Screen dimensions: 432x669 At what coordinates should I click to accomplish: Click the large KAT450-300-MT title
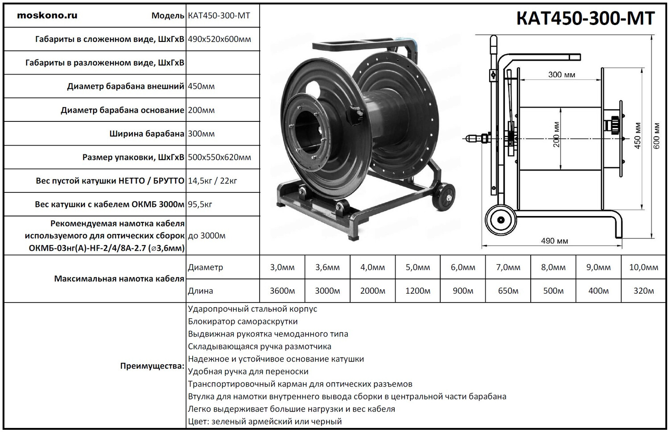pyautogui.click(x=585, y=18)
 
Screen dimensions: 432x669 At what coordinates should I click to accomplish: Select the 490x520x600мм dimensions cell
pyautogui.click(x=219, y=39)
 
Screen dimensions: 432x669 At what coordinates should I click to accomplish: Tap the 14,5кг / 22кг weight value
pyautogui.click(x=212, y=181)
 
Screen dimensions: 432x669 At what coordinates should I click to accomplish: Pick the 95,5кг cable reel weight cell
pyautogui.click(x=200, y=204)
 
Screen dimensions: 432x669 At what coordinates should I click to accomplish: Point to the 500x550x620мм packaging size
pyautogui.click(x=219, y=157)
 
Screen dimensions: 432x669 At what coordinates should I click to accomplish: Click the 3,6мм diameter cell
pyautogui.click(x=327, y=267)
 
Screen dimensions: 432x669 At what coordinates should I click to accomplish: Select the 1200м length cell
pyautogui.click(x=417, y=291)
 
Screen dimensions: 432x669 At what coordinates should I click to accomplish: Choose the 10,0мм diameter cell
pyautogui.click(x=644, y=267)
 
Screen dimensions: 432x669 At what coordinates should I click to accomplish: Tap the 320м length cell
pyautogui.click(x=644, y=291)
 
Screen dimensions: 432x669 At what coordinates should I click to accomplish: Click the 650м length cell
pyautogui.click(x=508, y=291)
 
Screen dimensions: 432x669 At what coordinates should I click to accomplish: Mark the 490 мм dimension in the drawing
pyautogui.click(x=554, y=241)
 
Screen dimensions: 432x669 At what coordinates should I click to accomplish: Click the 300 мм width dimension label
pyautogui.click(x=562, y=75)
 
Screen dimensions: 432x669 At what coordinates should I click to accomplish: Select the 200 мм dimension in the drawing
pyautogui.click(x=557, y=135)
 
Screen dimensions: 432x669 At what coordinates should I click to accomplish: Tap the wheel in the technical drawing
pyautogui.click(x=501, y=220)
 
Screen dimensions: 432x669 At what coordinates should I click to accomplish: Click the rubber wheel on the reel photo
pyautogui.click(x=446, y=196)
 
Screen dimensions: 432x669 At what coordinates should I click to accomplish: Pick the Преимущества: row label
pyautogui.click(x=152, y=366)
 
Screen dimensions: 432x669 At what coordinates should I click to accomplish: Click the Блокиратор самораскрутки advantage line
pyautogui.click(x=243, y=321)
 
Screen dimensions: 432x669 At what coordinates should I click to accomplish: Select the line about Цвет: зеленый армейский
pyautogui.click(x=265, y=421)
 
